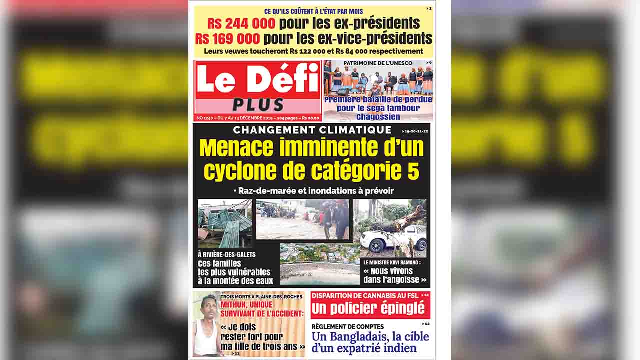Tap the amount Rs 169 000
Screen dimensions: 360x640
click(228, 38)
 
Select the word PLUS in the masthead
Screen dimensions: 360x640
click(258, 104)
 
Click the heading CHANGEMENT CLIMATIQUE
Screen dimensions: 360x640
click(312, 130)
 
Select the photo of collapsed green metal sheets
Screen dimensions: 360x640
click(225, 223)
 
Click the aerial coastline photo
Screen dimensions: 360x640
click(319, 264)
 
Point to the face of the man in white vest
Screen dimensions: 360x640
click(209, 305)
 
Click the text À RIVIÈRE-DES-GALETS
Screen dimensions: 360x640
click(227, 254)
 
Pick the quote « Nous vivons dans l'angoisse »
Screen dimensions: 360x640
click(395, 275)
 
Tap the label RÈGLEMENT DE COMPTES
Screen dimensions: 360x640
click(347, 327)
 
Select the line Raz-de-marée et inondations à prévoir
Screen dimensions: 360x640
click(313, 191)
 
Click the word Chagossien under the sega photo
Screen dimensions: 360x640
click(378, 117)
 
